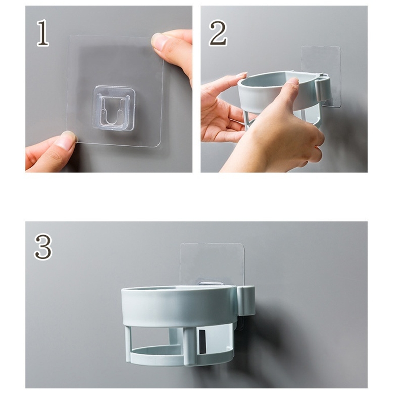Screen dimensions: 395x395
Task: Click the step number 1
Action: click(x=43, y=33)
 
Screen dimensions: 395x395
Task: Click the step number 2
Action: click(x=218, y=33)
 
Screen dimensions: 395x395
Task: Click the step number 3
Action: click(x=43, y=247)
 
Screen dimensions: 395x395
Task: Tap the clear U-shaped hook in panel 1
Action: click(x=114, y=108)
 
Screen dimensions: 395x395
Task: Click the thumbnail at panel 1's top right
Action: click(x=158, y=40)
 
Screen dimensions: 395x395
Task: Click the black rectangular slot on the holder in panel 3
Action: click(x=202, y=341)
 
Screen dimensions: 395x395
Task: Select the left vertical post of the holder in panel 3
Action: click(x=128, y=343)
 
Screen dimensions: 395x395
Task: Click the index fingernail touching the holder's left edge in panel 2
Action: click(x=241, y=75)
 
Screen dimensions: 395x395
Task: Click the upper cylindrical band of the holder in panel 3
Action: click(x=180, y=305)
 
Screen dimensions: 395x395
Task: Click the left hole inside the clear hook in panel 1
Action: click(x=104, y=110)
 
